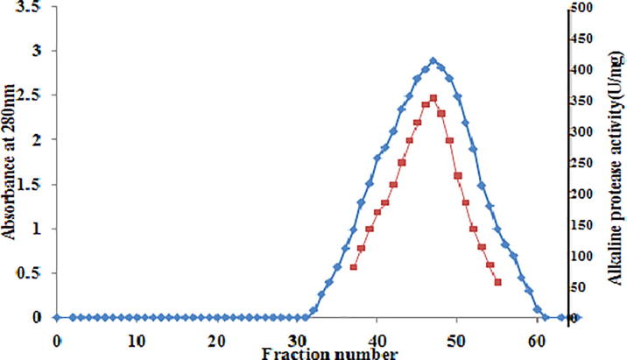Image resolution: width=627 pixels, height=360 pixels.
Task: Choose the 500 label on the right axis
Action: tap(584, 8)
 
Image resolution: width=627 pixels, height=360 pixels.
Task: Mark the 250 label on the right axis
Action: tap(584, 163)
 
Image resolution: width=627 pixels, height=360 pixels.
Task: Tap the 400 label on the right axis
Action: tap(584, 70)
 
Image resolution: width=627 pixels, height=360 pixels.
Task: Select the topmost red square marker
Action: tap(433, 98)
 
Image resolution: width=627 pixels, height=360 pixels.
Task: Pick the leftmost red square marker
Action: tap(353, 266)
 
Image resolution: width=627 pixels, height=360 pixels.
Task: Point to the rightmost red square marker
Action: tap(497, 282)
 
